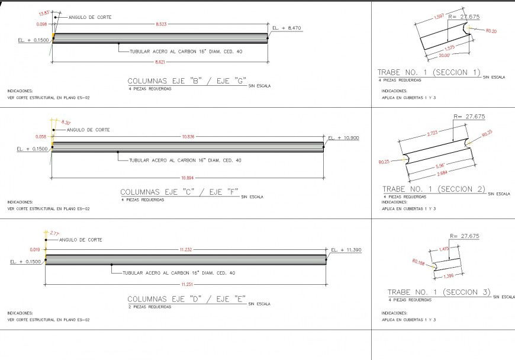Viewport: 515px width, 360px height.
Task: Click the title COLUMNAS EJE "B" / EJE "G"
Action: point(186,81)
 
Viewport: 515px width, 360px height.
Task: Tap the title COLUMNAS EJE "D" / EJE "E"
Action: point(186,299)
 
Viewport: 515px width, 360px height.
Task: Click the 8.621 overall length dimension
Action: point(160,62)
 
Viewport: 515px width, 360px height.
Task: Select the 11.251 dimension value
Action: point(185,284)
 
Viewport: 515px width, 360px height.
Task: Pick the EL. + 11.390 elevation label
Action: point(346,250)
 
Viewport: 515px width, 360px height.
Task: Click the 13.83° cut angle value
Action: point(44,13)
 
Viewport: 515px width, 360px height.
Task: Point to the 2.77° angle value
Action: point(56,233)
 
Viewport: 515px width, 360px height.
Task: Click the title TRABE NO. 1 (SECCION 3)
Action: point(439,292)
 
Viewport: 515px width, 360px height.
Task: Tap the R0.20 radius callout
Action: point(491,30)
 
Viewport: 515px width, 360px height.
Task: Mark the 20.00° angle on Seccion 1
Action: point(444,55)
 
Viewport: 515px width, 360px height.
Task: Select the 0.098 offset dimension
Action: point(41,24)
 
